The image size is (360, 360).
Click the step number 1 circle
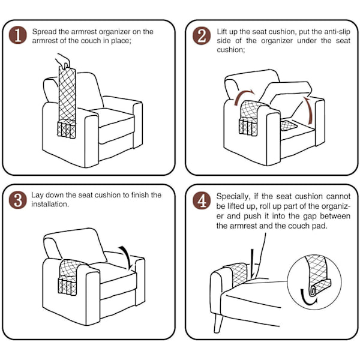coord(17,35)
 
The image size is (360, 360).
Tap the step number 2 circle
coord(202,35)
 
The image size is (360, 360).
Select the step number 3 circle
coord(17,200)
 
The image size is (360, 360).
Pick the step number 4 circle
coord(202,200)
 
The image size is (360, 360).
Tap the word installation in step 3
coord(50,204)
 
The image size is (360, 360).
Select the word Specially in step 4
coord(232,197)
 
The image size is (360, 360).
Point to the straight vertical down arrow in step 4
coord(253,264)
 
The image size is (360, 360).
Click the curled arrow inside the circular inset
coord(307,298)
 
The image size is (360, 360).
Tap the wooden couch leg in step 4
coord(218,323)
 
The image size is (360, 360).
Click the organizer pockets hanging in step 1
coord(67,130)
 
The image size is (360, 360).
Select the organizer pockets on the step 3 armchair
coord(67,286)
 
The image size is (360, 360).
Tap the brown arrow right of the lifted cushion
coord(309,110)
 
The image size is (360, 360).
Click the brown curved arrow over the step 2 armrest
coord(244,97)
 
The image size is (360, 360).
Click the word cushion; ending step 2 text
coord(231,50)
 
